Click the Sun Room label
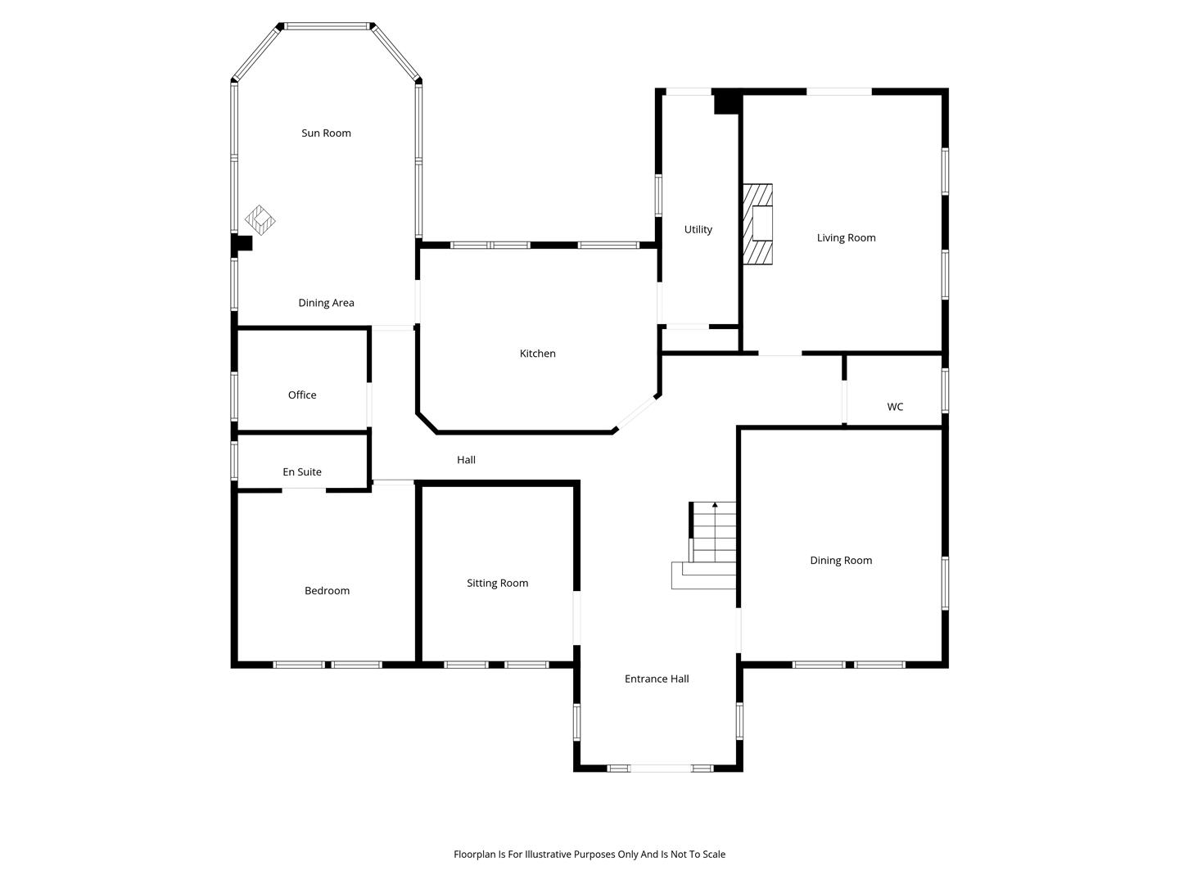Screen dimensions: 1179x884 [x=326, y=133]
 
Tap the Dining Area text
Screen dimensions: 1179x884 [x=326, y=303]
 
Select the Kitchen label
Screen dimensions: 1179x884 [x=537, y=353]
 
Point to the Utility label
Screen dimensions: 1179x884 [x=698, y=230]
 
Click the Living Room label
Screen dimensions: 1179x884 [x=846, y=237]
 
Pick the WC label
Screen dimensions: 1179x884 [x=895, y=407]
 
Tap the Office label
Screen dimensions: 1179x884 [x=302, y=395]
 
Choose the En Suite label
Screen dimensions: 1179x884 [x=302, y=471]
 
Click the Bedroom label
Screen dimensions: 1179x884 [x=327, y=590]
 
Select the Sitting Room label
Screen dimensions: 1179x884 [x=497, y=584]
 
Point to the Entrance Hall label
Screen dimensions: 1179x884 [x=657, y=679]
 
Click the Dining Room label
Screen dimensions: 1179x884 [x=841, y=561]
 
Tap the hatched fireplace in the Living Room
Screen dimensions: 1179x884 [x=757, y=224]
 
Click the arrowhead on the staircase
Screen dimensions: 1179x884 [x=715, y=505]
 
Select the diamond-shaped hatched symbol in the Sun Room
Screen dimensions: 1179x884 [x=260, y=220]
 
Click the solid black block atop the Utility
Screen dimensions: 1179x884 [x=727, y=102]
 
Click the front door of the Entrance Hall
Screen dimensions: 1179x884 [x=660, y=769]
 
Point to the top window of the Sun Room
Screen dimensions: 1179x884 [x=327, y=25]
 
